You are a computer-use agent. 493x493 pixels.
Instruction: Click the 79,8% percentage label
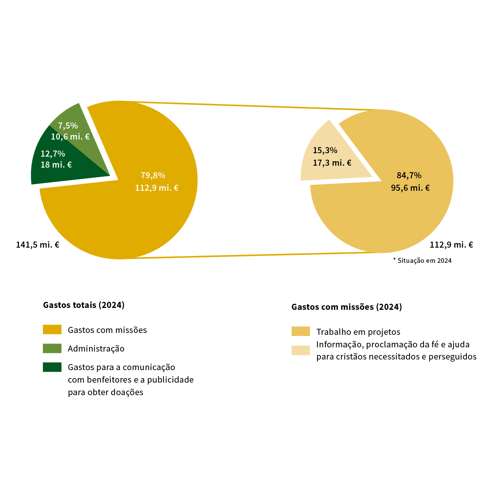pyautogui.click(x=153, y=175)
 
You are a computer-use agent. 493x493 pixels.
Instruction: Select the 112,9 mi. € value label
pyautogui.click(x=157, y=188)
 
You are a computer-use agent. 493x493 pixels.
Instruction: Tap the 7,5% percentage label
pyautogui.click(x=68, y=126)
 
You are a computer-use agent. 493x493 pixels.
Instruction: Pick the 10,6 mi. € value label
pyautogui.click(x=70, y=137)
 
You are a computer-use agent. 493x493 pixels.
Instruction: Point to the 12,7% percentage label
pyautogui.click(x=53, y=154)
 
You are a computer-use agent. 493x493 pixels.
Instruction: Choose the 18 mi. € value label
pyautogui.click(x=56, y=165)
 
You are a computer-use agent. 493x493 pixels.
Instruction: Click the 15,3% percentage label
pyautogui.click(x=325, y=150)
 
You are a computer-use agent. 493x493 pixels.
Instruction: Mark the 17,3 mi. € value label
pyautogui.click(x=332, y=163)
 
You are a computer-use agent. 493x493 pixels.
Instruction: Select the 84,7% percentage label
pyautogui.click(x=409, y=175)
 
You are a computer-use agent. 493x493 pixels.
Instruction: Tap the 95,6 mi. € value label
pyautogui.click(x=410, y=188)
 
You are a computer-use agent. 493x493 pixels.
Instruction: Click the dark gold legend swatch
pyautogui.click(x=52, y=330)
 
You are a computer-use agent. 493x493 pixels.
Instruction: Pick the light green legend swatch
pyautogui.click(x=52, y=349)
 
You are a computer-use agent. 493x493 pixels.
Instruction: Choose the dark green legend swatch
pyautogui.click(x=52, y=367)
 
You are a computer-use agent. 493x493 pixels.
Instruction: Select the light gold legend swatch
pyautogui.click(x=301, y=331)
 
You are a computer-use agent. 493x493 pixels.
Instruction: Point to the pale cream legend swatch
pyautogui.click(x=301, y=350)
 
